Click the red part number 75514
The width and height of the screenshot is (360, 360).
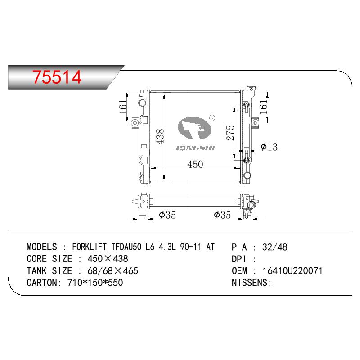point(57,77)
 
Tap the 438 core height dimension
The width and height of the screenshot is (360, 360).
point(160,137)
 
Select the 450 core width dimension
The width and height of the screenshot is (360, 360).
point(195,164)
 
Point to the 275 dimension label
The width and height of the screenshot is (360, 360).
point(230,133)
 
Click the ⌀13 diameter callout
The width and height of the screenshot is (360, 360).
point(269,147)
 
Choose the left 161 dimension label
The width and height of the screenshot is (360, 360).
point(123,107)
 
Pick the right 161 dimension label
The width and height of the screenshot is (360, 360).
point(263,107)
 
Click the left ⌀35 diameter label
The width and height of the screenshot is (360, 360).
point(167,215)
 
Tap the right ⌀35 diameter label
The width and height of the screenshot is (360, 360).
point(222,215)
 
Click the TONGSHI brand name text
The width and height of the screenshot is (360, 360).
point(195,148)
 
